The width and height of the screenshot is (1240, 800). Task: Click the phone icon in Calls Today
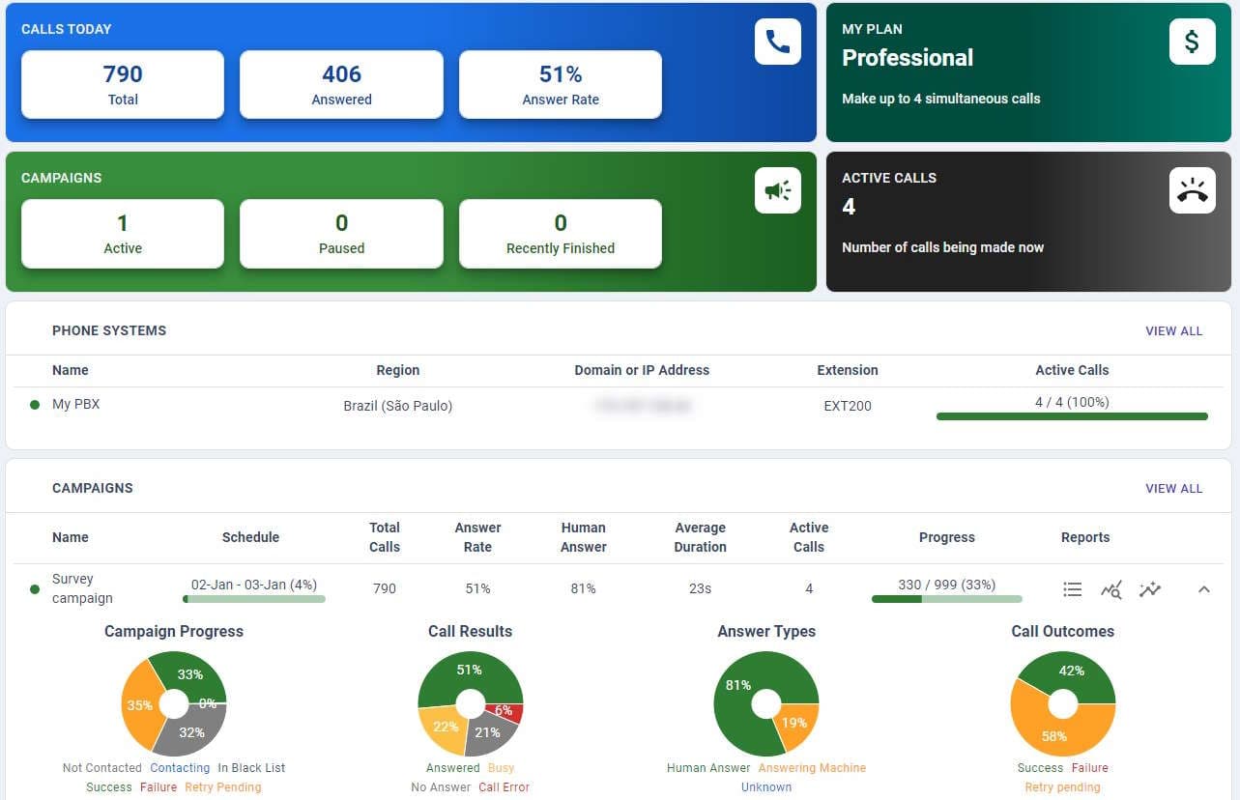click(777, 42)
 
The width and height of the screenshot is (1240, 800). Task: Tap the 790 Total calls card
click(123, 85)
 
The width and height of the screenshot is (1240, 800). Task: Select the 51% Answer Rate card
click(561, 85)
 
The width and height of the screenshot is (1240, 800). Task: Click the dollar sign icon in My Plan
click(1192, 42)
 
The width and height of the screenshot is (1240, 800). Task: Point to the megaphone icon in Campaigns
click(777, 190)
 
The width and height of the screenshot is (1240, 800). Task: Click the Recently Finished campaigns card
click(561, 234)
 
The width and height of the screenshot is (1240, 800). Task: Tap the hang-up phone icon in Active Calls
click(1192, 190)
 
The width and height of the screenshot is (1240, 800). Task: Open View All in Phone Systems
click(1173, 330)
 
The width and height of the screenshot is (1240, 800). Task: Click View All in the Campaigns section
click(1173, 488)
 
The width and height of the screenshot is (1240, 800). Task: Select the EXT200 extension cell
click(848, 406)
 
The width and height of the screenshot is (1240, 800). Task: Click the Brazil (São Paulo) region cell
click(397, 406)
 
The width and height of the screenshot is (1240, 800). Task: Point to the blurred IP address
click(642, 406)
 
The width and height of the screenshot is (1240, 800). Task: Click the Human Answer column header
click(583, 537)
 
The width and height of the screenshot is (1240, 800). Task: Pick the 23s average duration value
click(700, 588)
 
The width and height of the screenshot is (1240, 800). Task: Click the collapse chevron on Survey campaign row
click(1203, 588)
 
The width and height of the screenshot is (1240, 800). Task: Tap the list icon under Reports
click(1072, 588)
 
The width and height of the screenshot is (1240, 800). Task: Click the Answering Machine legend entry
click(812, 768)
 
